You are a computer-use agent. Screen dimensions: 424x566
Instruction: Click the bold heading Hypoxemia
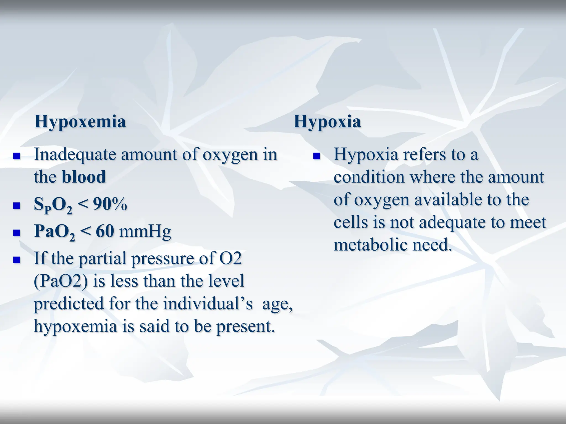80,122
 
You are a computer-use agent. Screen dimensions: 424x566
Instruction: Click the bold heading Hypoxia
327,122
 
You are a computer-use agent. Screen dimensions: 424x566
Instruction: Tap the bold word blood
84,177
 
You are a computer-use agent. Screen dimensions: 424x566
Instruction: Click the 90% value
110,204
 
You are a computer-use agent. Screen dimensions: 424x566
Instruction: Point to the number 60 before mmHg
105,231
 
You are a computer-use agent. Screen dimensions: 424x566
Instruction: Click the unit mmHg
145,232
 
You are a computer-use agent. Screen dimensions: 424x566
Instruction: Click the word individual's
208,304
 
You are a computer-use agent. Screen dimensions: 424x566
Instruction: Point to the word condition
369,177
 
